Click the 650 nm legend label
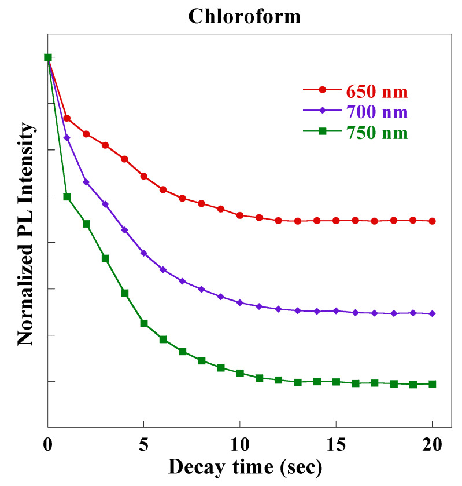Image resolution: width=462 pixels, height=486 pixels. (x=377, y=92)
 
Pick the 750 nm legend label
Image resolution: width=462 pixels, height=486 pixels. (x=377, y=133)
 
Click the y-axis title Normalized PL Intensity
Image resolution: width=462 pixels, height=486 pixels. (x=25, y=242)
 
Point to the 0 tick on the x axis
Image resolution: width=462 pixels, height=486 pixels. (x=48, y=447)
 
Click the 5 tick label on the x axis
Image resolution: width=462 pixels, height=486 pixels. (x=144, y=447)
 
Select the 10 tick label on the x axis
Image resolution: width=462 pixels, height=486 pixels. (x=240, y=447)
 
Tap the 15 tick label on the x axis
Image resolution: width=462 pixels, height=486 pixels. (x=336, y=447)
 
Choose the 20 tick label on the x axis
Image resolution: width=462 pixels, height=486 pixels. (x=432, y=447)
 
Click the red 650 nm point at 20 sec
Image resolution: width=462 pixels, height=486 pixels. (x=432, y=221)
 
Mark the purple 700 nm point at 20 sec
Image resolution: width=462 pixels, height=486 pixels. (x=432, y=313)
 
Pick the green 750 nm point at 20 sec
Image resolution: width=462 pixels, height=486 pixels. (x=432, y=383)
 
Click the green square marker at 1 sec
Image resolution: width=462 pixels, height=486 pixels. (x=67, y=197)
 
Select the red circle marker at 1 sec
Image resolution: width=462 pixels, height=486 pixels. (x=67, y=118)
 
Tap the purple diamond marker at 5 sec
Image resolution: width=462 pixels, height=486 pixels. (x=144, y=253)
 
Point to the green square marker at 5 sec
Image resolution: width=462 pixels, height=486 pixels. (x=144, y=323)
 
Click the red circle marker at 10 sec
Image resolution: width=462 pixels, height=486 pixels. (x=240, y=215)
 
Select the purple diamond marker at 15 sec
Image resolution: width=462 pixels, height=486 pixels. (x=336, y=311)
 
